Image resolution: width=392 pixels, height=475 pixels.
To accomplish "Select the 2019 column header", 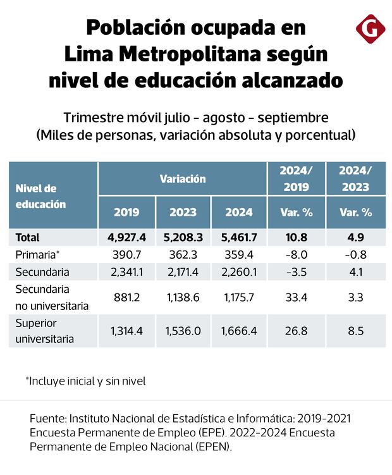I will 126,213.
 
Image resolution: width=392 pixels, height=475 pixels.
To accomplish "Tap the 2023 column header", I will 183,213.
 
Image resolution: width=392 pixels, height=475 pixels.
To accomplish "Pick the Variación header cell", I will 183,179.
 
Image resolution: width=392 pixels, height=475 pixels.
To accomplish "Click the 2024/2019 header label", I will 297,179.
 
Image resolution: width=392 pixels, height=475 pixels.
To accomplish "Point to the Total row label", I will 27,238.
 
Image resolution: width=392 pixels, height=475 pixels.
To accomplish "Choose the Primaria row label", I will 37,254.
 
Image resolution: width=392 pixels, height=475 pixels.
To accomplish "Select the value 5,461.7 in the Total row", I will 239,238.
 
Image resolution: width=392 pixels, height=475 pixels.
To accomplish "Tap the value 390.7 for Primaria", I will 126,254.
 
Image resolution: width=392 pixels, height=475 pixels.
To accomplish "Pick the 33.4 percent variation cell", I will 297,297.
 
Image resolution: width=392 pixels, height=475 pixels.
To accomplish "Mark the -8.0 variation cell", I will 297,254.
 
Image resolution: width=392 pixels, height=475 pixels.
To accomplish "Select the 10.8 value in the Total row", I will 297,238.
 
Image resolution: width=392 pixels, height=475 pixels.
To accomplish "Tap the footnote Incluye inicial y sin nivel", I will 87,381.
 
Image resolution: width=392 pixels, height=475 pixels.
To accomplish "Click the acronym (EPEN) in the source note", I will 213,447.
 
